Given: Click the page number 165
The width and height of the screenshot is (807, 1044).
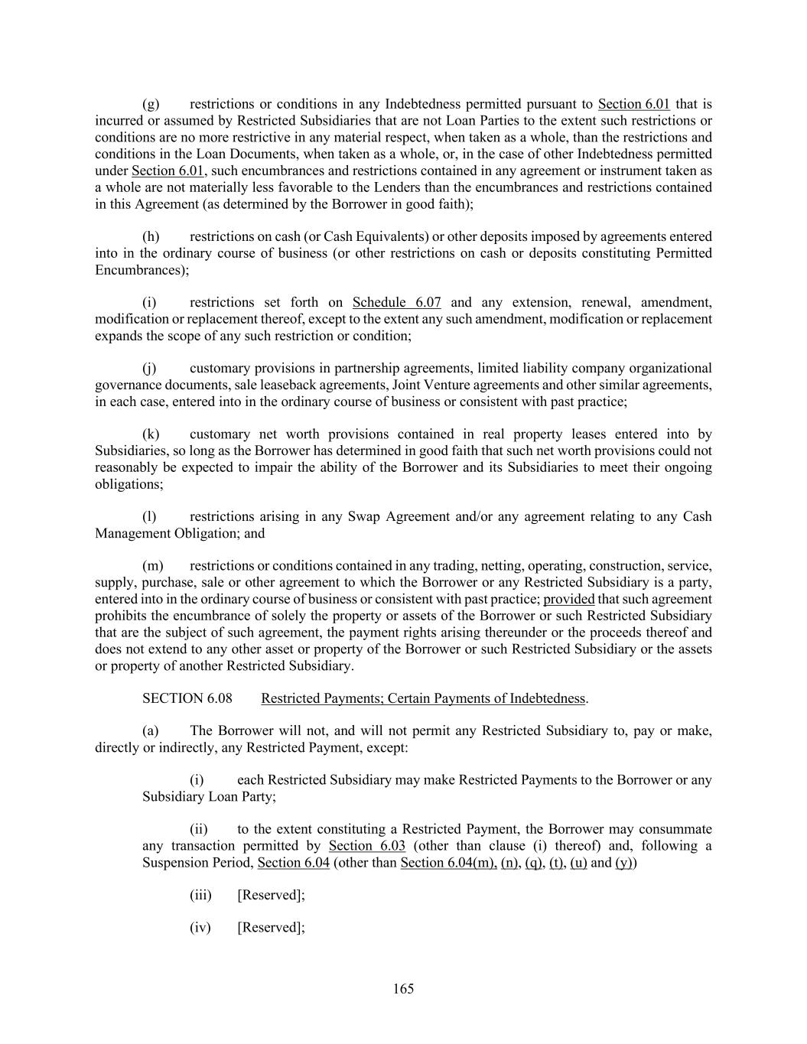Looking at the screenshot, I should [403, 989].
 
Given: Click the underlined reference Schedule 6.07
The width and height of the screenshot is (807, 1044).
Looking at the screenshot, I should [396, 302].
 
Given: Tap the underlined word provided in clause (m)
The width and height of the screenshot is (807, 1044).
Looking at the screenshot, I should [568, 599].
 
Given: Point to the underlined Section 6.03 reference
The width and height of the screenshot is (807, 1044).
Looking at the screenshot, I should [367, 846].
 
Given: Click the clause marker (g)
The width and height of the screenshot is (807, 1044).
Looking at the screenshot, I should [151, 104].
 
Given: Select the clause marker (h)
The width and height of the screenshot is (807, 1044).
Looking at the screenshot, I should [151, 236].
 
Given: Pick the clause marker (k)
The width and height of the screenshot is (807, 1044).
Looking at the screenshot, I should [151, 434].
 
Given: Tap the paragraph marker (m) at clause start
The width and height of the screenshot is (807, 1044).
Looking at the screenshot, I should [153, 566].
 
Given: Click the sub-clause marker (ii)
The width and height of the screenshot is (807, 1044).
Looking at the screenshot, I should [199, 830].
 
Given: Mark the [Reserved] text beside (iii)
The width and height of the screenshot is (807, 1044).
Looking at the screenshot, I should [271, 896].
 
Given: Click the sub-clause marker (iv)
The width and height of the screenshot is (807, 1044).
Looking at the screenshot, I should [200, 928].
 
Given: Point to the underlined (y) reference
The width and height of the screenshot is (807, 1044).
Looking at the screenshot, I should [624, 863].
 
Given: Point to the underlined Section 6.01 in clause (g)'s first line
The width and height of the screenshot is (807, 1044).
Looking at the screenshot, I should [633, 104].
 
